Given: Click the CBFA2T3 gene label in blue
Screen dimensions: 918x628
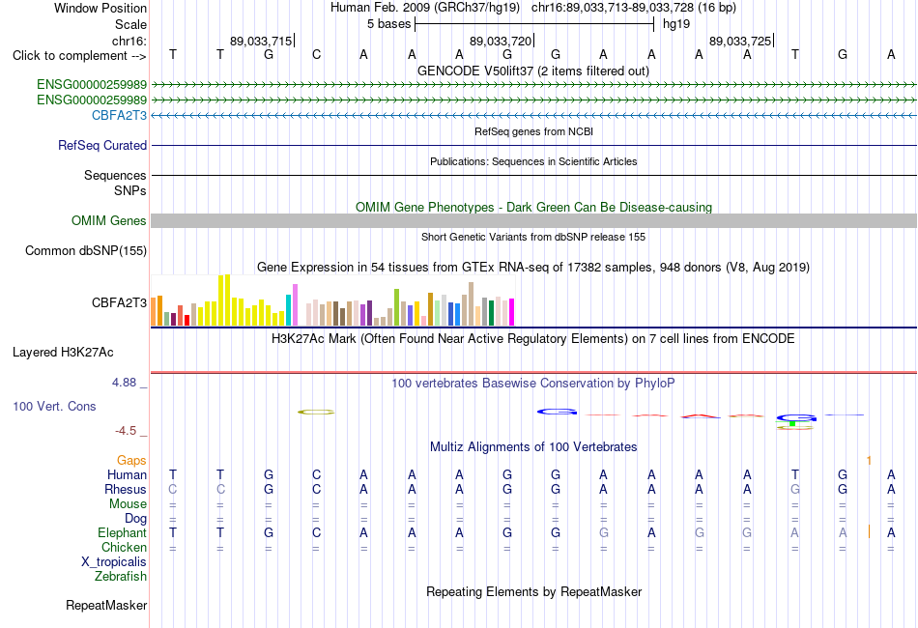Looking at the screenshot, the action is tap(119, 115).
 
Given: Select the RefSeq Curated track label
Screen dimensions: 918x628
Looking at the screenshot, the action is tap(101, 145).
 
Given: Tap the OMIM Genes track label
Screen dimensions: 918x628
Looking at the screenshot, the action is tap(108, 220).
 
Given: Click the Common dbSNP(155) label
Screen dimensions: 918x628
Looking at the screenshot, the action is tap(85, 250).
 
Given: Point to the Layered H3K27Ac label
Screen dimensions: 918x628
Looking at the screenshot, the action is tap(63, 353).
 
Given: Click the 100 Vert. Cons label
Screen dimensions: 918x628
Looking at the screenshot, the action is tap(54, 406).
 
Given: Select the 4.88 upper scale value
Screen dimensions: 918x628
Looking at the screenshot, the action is tap(124, 383).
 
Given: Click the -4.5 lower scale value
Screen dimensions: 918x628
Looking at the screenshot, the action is tap(126, 431).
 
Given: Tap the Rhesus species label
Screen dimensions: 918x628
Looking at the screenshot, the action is tap(126, 489).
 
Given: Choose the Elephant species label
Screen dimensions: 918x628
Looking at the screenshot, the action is tap(122, 532).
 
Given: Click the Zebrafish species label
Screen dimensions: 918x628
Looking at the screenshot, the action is tap(121, 577).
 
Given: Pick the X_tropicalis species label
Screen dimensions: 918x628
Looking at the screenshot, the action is tap(114, 562).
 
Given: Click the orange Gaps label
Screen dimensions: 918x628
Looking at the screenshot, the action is tap(131, 461).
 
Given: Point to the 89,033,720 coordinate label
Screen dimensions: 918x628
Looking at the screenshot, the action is tap(501, 41).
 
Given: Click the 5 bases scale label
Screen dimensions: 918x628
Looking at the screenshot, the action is tap(388, 24).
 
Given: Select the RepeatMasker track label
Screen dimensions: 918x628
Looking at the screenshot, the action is tap(106, 605).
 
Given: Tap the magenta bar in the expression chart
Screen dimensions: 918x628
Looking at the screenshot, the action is tap(512, 312).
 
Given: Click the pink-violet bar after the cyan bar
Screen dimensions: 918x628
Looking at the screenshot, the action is tap(295, 305).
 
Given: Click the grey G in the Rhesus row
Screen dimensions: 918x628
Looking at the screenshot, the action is tap(794, 489).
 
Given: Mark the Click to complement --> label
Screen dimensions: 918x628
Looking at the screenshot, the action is tap(79, 56).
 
